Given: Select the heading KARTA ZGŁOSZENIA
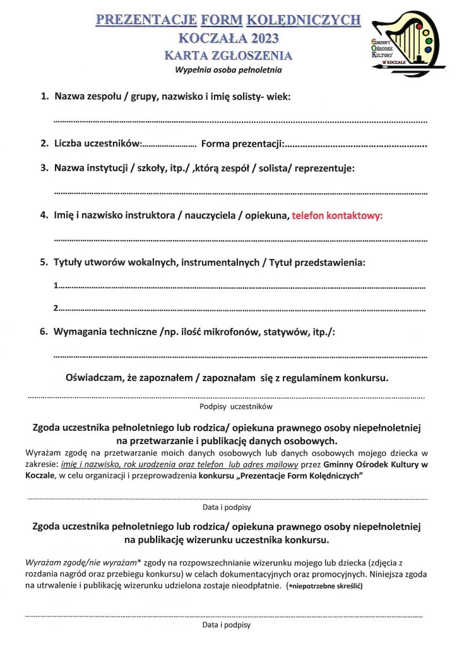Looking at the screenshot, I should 228,56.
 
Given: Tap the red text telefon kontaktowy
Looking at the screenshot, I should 338,215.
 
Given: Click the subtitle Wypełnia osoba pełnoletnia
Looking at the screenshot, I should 228,70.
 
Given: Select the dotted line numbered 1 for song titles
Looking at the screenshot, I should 240,287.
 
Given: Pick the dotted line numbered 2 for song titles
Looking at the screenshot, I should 240,309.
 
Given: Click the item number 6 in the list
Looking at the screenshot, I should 44,332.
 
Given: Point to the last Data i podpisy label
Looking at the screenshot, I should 227,625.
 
